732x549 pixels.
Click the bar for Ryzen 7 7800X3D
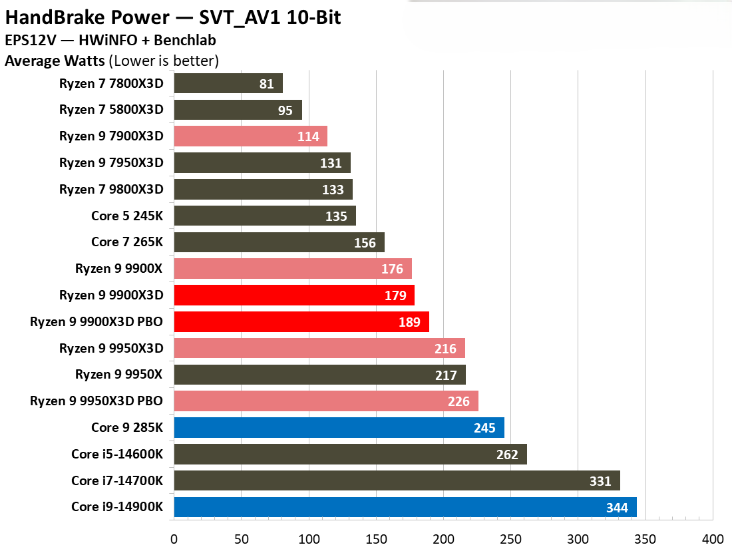pos(228,83)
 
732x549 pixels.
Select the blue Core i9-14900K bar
pos(405,507)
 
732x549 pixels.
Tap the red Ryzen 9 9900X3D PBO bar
pos(301,322)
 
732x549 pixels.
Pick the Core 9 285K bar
pos(338,428)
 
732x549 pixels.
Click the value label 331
pos(600,481)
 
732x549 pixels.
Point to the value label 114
pos(308,137)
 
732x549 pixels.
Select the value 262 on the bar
pos(507,455)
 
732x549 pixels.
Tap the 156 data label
pos(365,243)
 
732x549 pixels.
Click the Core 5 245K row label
pos(127,216)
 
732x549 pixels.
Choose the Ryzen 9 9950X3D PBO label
pos(96,401)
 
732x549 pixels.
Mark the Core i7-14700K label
pos(117,481)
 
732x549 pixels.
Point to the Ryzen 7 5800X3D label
pos(111,110)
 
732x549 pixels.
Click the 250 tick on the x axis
pos(510,538)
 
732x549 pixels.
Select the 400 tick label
pos(713,538)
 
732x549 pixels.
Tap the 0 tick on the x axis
pos(174,538)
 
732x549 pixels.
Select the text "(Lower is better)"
pos(164,61)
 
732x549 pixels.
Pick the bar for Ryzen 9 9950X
pos(319,375)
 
